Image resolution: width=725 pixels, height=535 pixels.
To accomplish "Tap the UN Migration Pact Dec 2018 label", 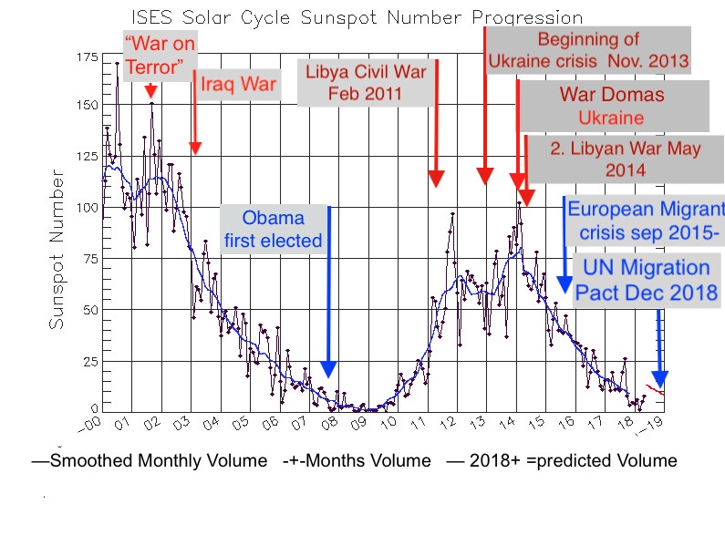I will tap(646, 281).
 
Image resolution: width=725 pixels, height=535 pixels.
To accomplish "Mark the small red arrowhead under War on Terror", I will tap(150, 93).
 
